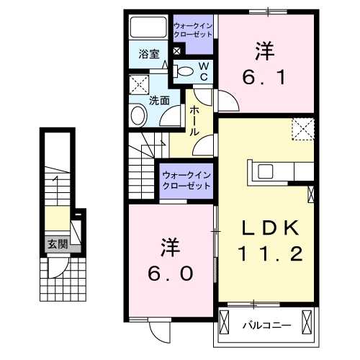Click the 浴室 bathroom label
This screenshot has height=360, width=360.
click(x=149, y=53)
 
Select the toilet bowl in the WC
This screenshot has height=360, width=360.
click(x=184, y=71)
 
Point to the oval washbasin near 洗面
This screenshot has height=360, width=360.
click(x=136, y=115)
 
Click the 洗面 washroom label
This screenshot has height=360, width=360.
click(x=158, y=101)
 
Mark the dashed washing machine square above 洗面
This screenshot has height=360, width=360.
click(x=139, y=85)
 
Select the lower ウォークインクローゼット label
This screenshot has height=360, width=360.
click(x=186, y=180)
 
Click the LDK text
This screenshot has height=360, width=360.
click(x=269, y=229)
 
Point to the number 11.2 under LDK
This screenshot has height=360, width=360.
click(x=269, y=254)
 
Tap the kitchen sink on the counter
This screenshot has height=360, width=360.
click(x=265, y=171)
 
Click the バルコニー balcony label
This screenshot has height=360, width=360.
click(x=266, y=325)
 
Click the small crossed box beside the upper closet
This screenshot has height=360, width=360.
click(x=177, y=51)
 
